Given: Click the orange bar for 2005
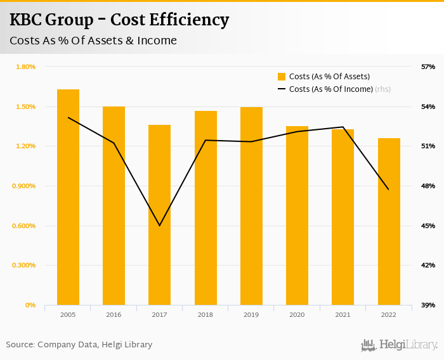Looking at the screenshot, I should [x=68, y=197].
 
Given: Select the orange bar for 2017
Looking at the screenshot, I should [x=159, y=215].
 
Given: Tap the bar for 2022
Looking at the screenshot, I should [x=389, y=221].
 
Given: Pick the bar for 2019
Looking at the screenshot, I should [x=251, y=206].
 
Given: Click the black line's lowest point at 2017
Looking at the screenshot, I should [x=159, y=226].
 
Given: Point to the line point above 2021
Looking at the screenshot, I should [x=343, y=127].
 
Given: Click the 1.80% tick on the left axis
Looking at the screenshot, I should [x=26, y=67].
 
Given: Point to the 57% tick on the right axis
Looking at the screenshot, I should [x=428, y=67].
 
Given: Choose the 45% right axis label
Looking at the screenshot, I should [x=428, y=226].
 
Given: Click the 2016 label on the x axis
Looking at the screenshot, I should [x=114, y=315].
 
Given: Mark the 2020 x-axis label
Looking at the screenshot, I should [x=297, y=315].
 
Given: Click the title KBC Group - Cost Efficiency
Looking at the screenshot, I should [x=119, y=20].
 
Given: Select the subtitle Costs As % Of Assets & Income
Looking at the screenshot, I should [x=93, y=41].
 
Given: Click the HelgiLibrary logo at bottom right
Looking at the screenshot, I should [x=400, y=345].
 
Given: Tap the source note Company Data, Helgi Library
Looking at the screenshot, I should [x=79, y=345].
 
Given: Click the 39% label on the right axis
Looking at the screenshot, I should [x=428, y=305].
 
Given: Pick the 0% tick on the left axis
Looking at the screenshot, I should [x=30, y=305].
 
